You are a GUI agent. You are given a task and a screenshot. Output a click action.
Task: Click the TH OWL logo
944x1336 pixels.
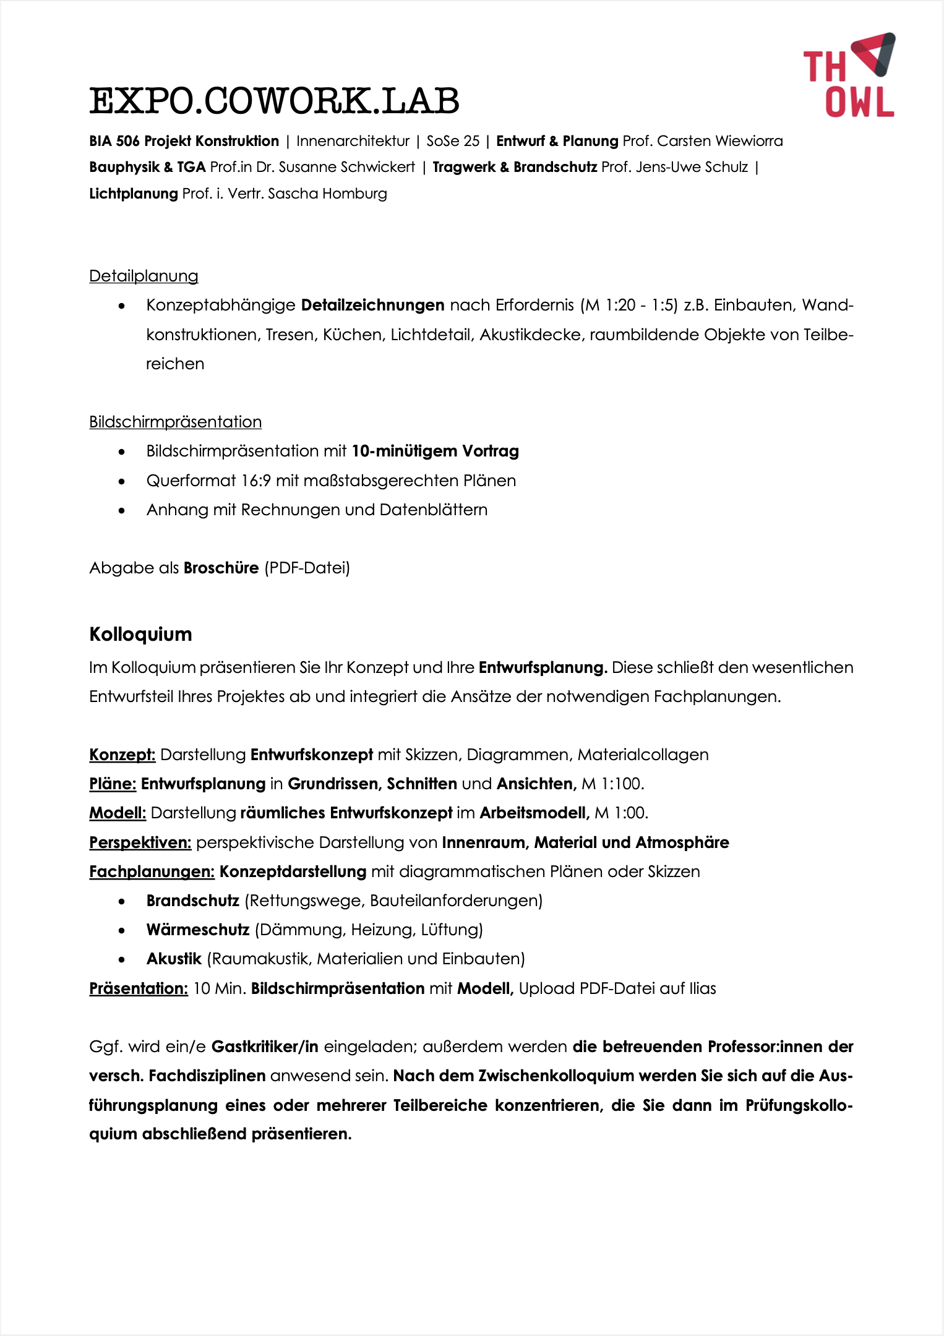(849, 75)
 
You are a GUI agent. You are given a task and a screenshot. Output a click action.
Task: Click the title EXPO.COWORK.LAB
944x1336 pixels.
(274, 101)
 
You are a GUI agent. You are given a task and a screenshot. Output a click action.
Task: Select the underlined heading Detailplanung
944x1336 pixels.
(144, 276)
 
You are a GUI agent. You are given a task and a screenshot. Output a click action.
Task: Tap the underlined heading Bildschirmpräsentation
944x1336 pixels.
(175, 422)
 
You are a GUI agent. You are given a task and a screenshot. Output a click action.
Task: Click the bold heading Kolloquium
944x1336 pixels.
(140, 634)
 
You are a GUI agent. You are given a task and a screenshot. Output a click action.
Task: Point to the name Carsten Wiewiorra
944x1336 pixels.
(719, 141)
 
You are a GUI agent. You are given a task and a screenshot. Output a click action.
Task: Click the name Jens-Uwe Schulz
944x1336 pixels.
(692, 167)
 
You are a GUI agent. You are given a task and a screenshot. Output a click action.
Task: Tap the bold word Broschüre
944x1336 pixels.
(221, 568)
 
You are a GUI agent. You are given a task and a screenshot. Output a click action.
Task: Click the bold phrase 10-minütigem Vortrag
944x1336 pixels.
(435, 451)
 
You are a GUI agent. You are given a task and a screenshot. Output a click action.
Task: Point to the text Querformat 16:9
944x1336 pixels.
(208, 481)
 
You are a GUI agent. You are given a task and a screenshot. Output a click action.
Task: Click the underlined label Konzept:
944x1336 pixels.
(122, 755)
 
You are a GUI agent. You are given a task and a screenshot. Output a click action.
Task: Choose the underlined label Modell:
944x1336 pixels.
(118, 813)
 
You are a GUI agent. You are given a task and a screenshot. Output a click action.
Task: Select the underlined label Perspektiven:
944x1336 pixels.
(140, 842)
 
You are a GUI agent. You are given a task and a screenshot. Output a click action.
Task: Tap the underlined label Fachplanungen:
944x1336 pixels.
(152, 871)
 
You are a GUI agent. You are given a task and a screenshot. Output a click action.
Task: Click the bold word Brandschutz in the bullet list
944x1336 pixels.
(192, 901)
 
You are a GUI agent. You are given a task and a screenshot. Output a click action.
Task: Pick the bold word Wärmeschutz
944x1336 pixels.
(197, 930)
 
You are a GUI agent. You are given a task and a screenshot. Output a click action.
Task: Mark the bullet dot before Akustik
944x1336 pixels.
(122, 960)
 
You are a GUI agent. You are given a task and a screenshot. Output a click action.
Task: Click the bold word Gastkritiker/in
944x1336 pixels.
(265, 1047)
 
